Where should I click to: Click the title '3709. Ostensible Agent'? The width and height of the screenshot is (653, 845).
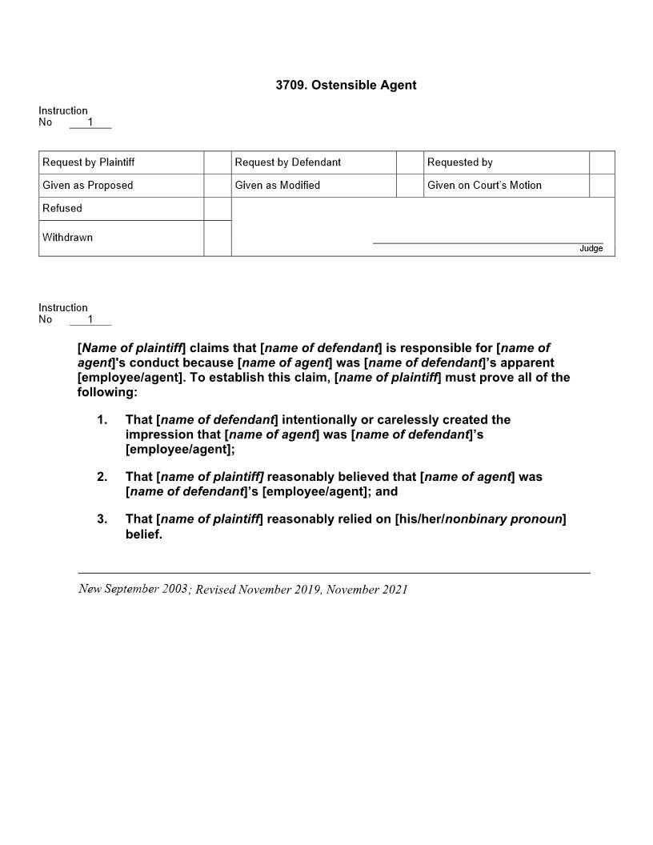coord(346,85)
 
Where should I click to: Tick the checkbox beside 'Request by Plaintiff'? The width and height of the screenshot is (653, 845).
coord(217,162)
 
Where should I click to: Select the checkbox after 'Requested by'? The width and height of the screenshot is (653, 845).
coord(602,162)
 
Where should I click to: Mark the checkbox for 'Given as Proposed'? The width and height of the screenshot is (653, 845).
coord(217,186)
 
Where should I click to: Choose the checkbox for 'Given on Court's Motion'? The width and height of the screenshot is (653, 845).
coord(602,186)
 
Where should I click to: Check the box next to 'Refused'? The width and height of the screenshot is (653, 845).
coord(217,209)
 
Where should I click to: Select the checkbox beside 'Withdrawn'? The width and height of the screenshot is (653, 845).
coord(217,238)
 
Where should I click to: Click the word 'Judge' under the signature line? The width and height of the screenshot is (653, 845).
coord(591,249)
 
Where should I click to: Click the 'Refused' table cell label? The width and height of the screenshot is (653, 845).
coord(62,209)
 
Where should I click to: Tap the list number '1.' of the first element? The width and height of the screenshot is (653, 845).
coord(102,420)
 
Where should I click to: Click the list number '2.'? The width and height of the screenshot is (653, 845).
coord(102,477)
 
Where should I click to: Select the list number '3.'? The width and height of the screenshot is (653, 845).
coord(102,519)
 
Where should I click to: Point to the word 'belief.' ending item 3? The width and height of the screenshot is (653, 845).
coord(144,535)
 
